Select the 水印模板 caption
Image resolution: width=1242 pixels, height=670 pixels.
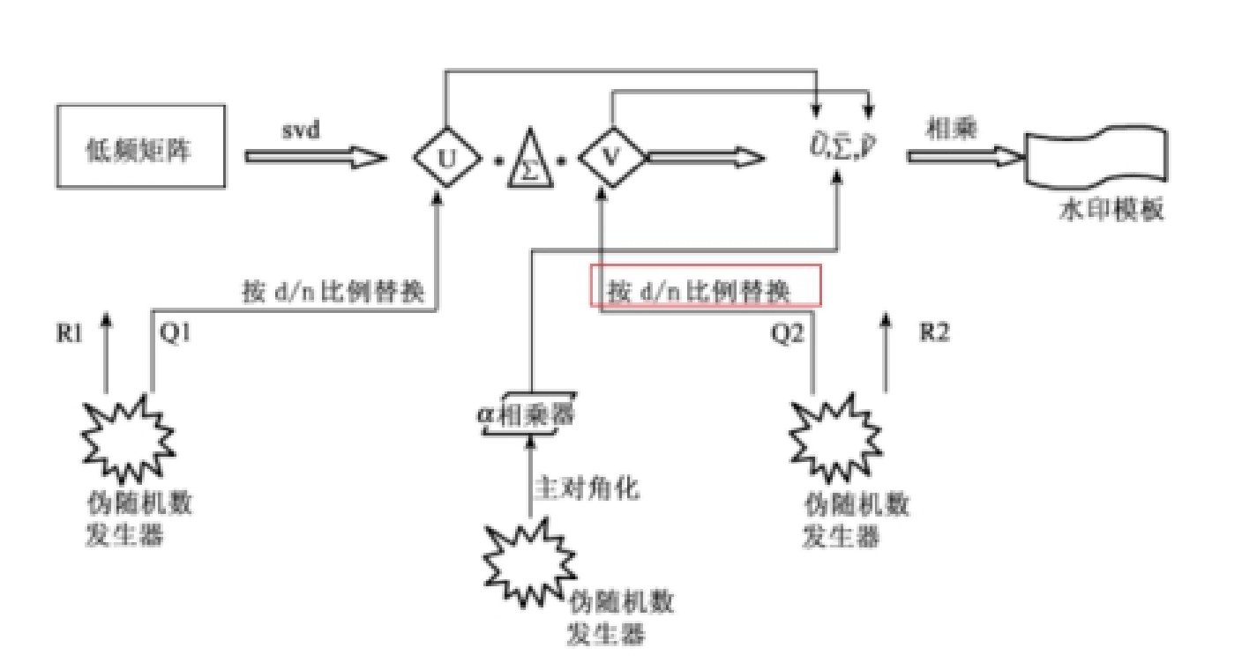click(1111, 210)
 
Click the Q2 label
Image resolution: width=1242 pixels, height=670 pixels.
click(786, 335)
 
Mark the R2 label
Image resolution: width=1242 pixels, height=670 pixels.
click(932, 335)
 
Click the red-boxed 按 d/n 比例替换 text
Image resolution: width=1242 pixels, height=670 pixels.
click(705, 287)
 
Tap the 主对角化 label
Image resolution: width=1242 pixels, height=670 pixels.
click(585, 488)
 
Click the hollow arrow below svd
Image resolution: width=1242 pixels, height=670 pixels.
click(313, 157)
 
